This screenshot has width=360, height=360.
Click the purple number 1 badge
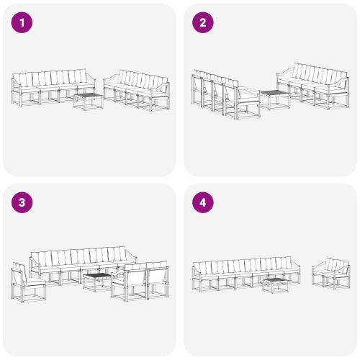click(22, 22)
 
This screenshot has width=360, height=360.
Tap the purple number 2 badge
click(202, 22)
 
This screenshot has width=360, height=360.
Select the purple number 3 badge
click(22, 202)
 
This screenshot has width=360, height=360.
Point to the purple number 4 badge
click(202, 202)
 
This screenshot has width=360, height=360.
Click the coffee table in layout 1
click(89, 101)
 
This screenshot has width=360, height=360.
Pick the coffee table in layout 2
click(273, 99)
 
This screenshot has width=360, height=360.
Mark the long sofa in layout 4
click(245, 274)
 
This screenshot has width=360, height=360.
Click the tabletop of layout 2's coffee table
click(273, 93)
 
